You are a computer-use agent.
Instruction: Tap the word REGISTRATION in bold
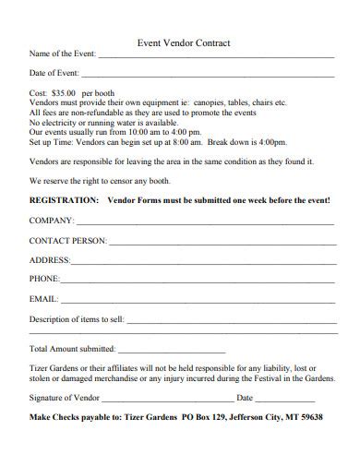(64, 199)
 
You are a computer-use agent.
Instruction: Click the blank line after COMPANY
(205, 224)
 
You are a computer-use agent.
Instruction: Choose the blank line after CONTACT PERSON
(222, 243)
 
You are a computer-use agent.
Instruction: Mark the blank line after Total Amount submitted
(172, 352)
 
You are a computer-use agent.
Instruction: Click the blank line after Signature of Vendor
(167, 400)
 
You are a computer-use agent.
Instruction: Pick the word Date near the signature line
(245, 399)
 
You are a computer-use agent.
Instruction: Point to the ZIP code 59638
(310, 417)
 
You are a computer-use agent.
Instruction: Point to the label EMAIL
(43, 299)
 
